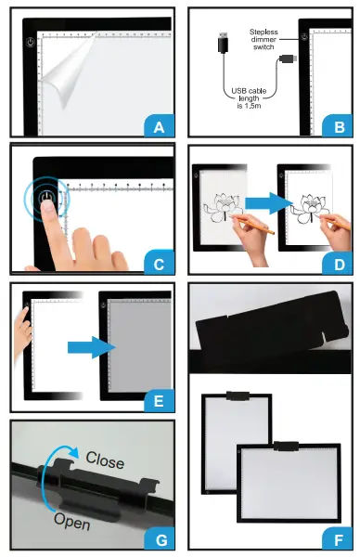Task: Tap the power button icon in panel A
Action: coord(31,43)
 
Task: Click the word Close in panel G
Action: coord(106,459)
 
